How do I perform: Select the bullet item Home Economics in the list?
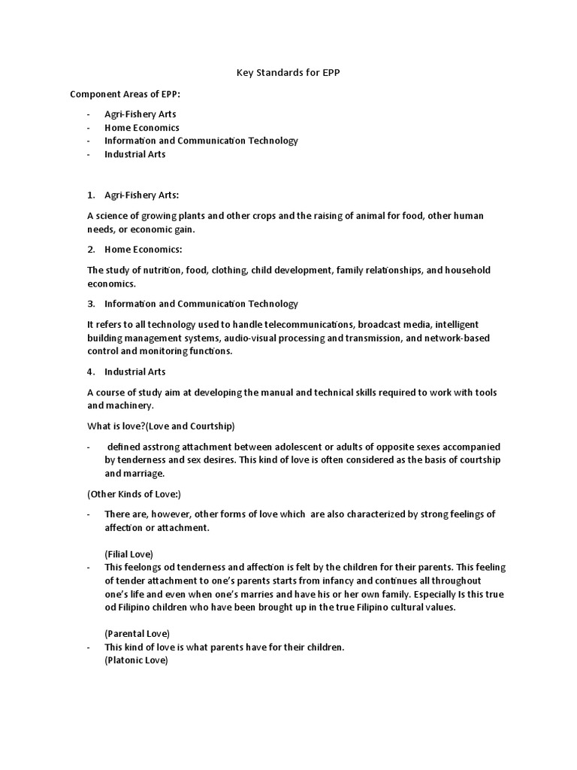142,127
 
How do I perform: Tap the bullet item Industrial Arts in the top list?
135,154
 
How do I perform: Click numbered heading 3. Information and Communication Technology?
201,304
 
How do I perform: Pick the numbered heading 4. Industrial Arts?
135,371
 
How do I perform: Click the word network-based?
458,338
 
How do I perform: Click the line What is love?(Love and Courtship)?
161,426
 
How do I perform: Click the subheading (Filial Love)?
128,553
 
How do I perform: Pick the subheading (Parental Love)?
137,633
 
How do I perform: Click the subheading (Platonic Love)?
136,660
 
